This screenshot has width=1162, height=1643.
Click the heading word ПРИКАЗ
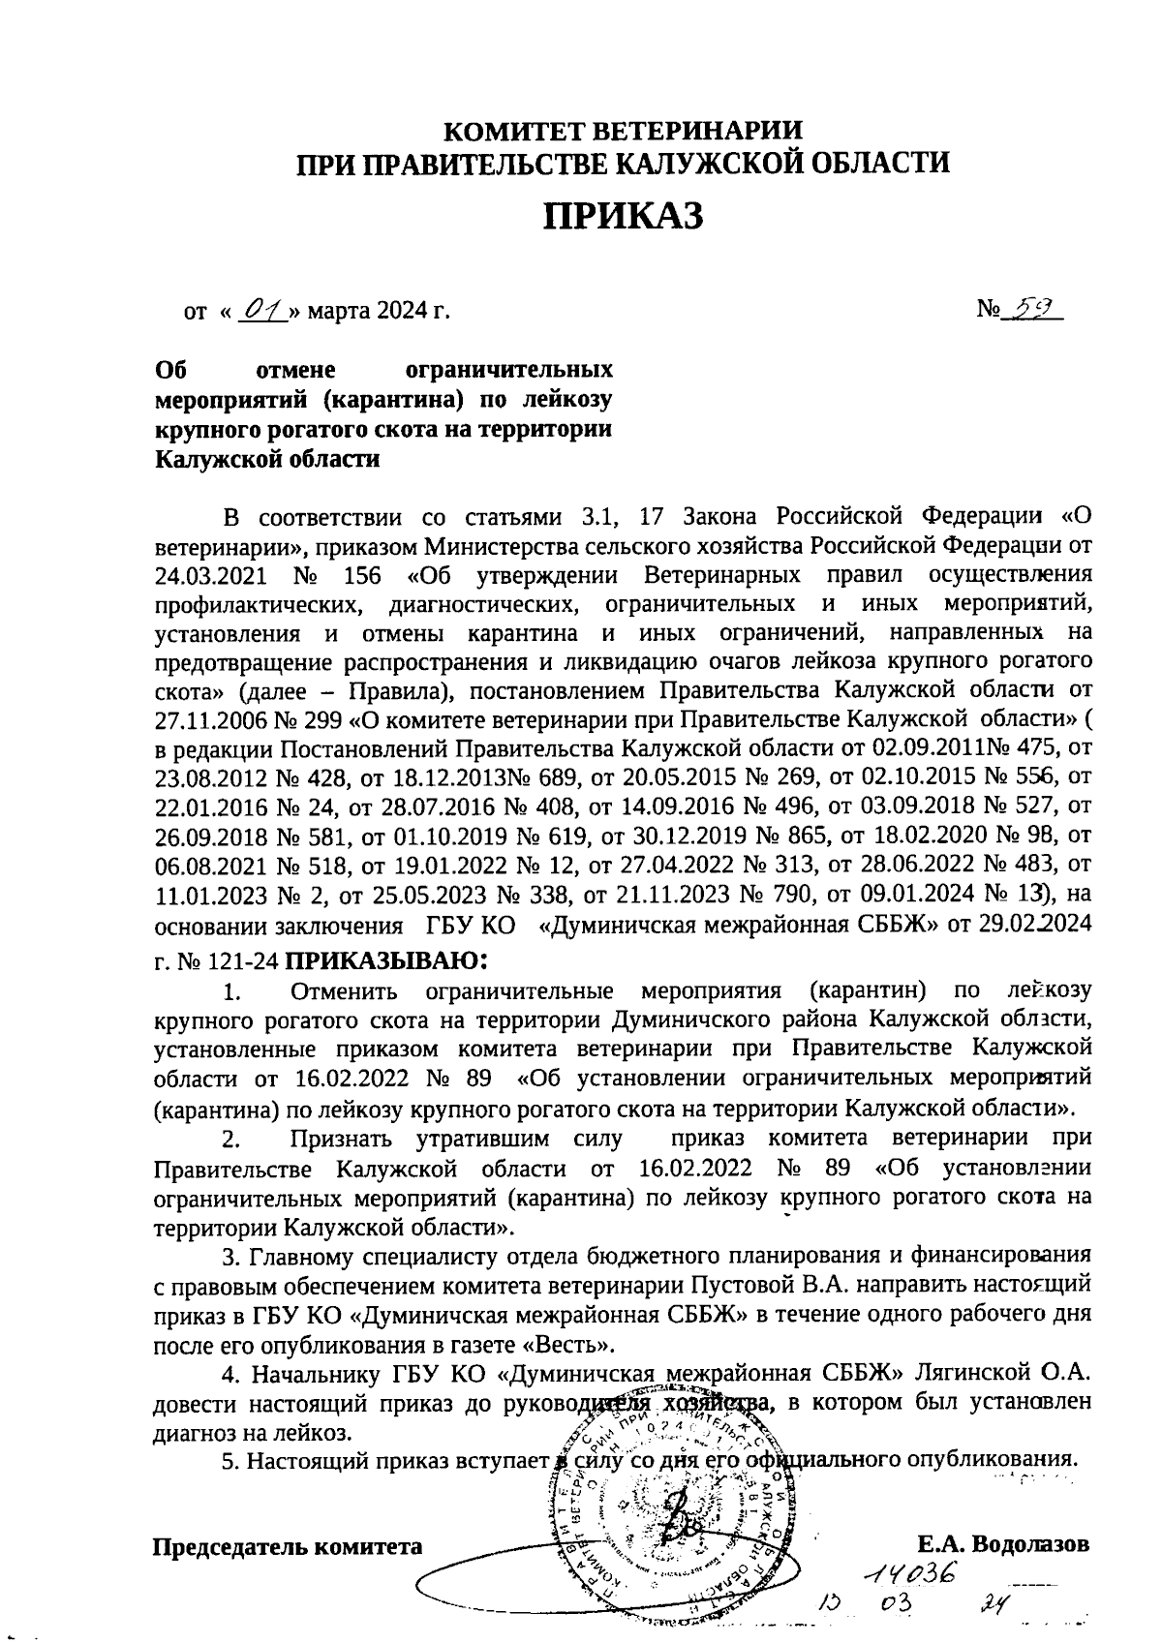(622, 216)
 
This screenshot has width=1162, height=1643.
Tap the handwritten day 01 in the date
(261, 312)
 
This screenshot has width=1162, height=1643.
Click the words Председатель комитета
(289, 1546)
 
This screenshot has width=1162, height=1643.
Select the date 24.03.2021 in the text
(213, 575)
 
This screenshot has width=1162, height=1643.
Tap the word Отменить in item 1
(344, 991)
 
